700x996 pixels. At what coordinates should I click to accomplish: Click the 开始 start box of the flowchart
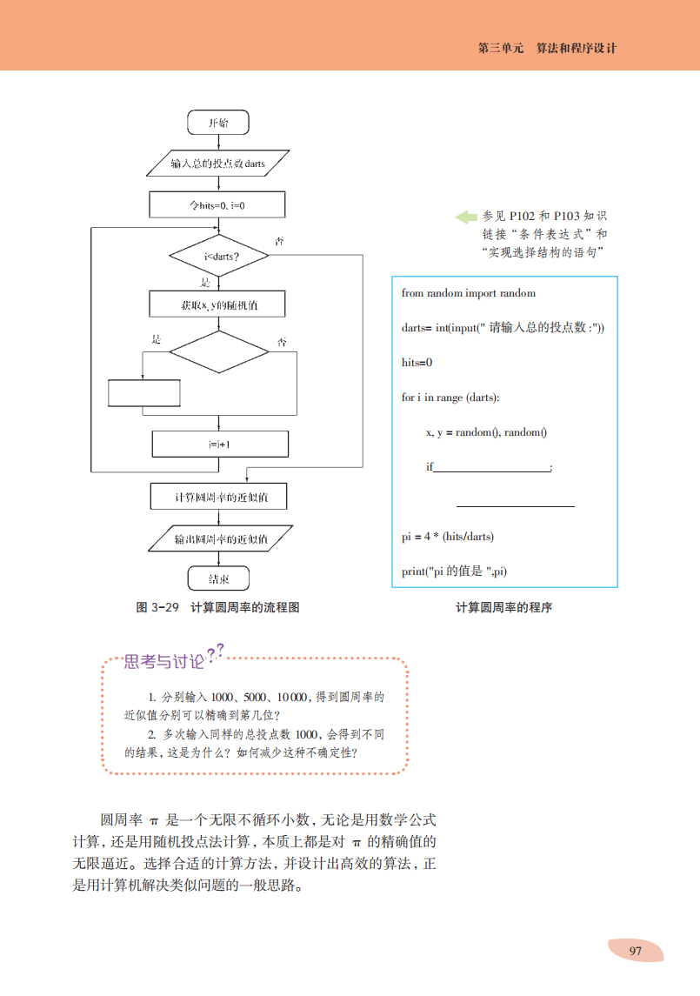point(218,123)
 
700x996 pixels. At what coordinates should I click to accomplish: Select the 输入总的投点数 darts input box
point(218,164)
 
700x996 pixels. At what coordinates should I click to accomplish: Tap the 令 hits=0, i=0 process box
point(218,204)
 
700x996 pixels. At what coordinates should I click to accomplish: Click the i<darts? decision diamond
point(218,256)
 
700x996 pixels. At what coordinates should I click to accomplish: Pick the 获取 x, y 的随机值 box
point(218,305)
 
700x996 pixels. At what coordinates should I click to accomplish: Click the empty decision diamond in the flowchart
point(218,351)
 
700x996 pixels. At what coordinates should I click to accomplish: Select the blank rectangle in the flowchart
point(143,392)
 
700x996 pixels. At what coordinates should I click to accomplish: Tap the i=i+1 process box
point(218,444)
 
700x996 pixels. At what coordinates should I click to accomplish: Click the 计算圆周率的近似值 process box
point(218,497)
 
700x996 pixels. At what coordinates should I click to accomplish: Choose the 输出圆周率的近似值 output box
point(218,538)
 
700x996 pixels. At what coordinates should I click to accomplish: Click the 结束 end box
point(218,578)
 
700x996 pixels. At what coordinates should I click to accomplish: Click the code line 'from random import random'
point(468,293)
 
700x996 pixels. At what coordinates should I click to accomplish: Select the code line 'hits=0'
point(417,363)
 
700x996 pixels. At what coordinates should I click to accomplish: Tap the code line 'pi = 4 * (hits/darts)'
point(447,537)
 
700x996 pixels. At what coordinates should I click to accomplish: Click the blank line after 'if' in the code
point(491,468)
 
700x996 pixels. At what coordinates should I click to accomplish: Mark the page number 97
point(635,951)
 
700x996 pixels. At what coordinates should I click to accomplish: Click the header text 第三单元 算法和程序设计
point(547,49)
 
